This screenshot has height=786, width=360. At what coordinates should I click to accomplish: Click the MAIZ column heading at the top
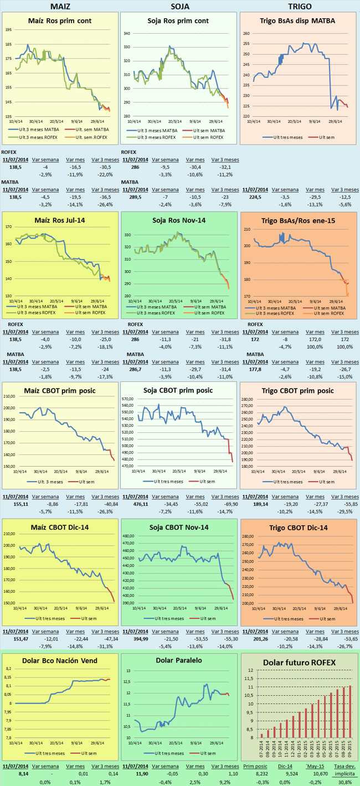pos(60,6)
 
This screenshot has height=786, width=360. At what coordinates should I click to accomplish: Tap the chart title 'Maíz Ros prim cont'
pos(60,21)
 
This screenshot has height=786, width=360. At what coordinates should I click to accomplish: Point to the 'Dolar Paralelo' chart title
pos(180,660)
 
